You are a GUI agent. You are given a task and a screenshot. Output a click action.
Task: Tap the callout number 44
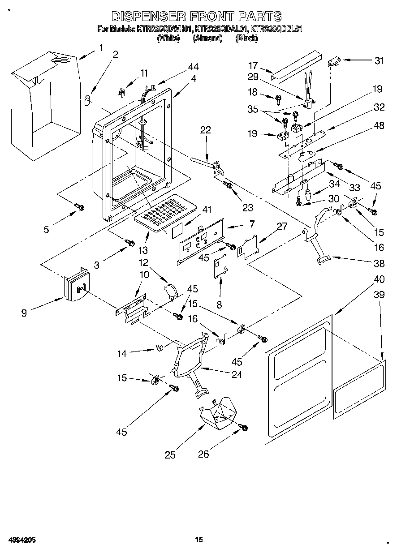click(x=193, y=67)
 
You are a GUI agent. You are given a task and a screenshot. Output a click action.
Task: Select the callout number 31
click(x=379, y=61)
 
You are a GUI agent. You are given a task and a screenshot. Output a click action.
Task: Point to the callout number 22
click(x=205, y=130)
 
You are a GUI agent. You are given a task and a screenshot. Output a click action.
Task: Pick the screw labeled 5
click(x=79, y=207)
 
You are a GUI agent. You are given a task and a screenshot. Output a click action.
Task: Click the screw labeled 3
click(x=130, y=243)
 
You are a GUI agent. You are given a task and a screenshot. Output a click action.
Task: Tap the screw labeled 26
click(x=244, y=428)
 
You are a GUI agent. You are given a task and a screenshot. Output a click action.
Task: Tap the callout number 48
click(x=379, y=126)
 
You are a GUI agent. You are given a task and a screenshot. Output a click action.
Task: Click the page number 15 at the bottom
click(x=199, y=539)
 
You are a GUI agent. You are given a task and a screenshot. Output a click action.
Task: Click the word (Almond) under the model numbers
click(x=207, y=39)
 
